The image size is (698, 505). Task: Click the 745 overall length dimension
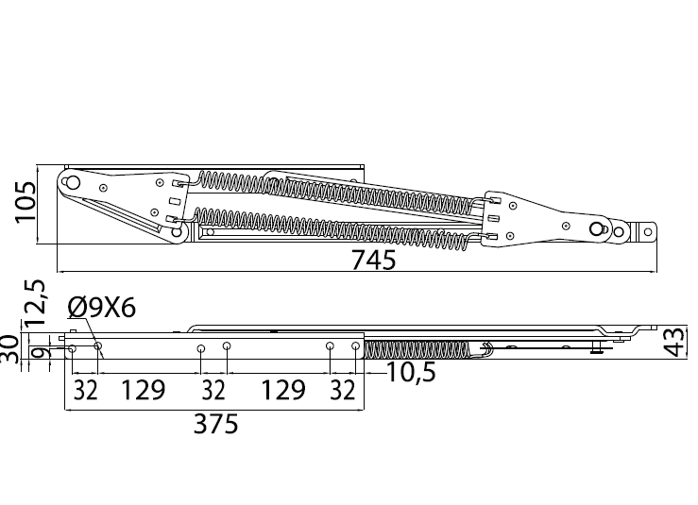[x=373, y=260]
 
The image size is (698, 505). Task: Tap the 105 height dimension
[x=26, y=202]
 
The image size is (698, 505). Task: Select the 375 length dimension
[x=216, y=424]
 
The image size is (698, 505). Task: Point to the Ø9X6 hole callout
[x=102, y=308]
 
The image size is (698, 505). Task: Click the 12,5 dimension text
[x=35, y=303]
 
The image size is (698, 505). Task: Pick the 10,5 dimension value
[x=411, y=372]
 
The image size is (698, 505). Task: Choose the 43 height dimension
[x=677, y=342]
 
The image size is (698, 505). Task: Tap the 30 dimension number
[x=9, y=349]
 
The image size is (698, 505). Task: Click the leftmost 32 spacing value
[x=85, y=390]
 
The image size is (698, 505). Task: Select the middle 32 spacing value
[x=213, y=390]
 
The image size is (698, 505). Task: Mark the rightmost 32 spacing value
[x=343, y=390]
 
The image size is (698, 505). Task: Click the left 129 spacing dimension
[x=143, y=390]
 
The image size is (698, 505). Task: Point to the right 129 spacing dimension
[x=283, y=390]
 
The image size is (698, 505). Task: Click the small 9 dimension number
[x=39, y=354]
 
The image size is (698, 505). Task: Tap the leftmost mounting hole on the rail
[x=72, y=349]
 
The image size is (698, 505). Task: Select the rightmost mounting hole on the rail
[x=355, y=345]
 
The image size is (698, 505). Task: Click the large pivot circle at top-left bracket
[x=73, y=182]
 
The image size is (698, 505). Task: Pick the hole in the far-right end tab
[x=648, y=232]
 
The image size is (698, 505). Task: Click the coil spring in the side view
[x=417, y=349]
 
